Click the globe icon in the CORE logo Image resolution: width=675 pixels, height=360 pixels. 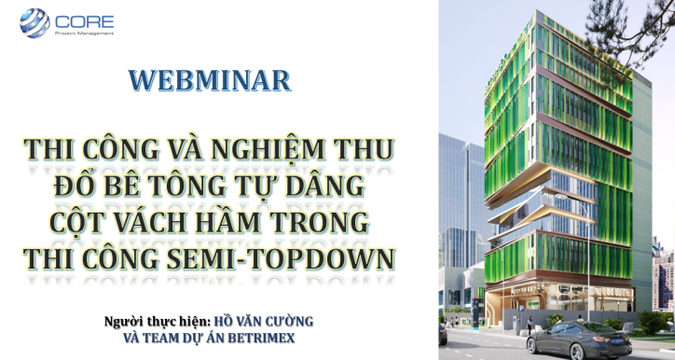tap(34, 21)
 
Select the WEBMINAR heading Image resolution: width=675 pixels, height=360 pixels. tap(210, 80)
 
